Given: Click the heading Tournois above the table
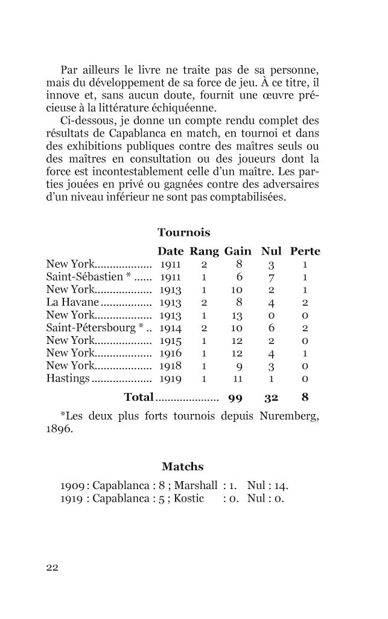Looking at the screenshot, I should tap(183, 233).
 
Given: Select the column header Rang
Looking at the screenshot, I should tap(205, 251).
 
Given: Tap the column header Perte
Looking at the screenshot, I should tap(305, 251).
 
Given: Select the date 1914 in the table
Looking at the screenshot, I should tap(170, 328).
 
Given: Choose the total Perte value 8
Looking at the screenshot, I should tap(305, 398).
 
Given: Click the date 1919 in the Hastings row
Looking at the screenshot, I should tap(170, 379).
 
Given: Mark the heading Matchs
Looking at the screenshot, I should tap(183, 467).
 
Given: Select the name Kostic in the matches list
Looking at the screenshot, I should tap(189, 499).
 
